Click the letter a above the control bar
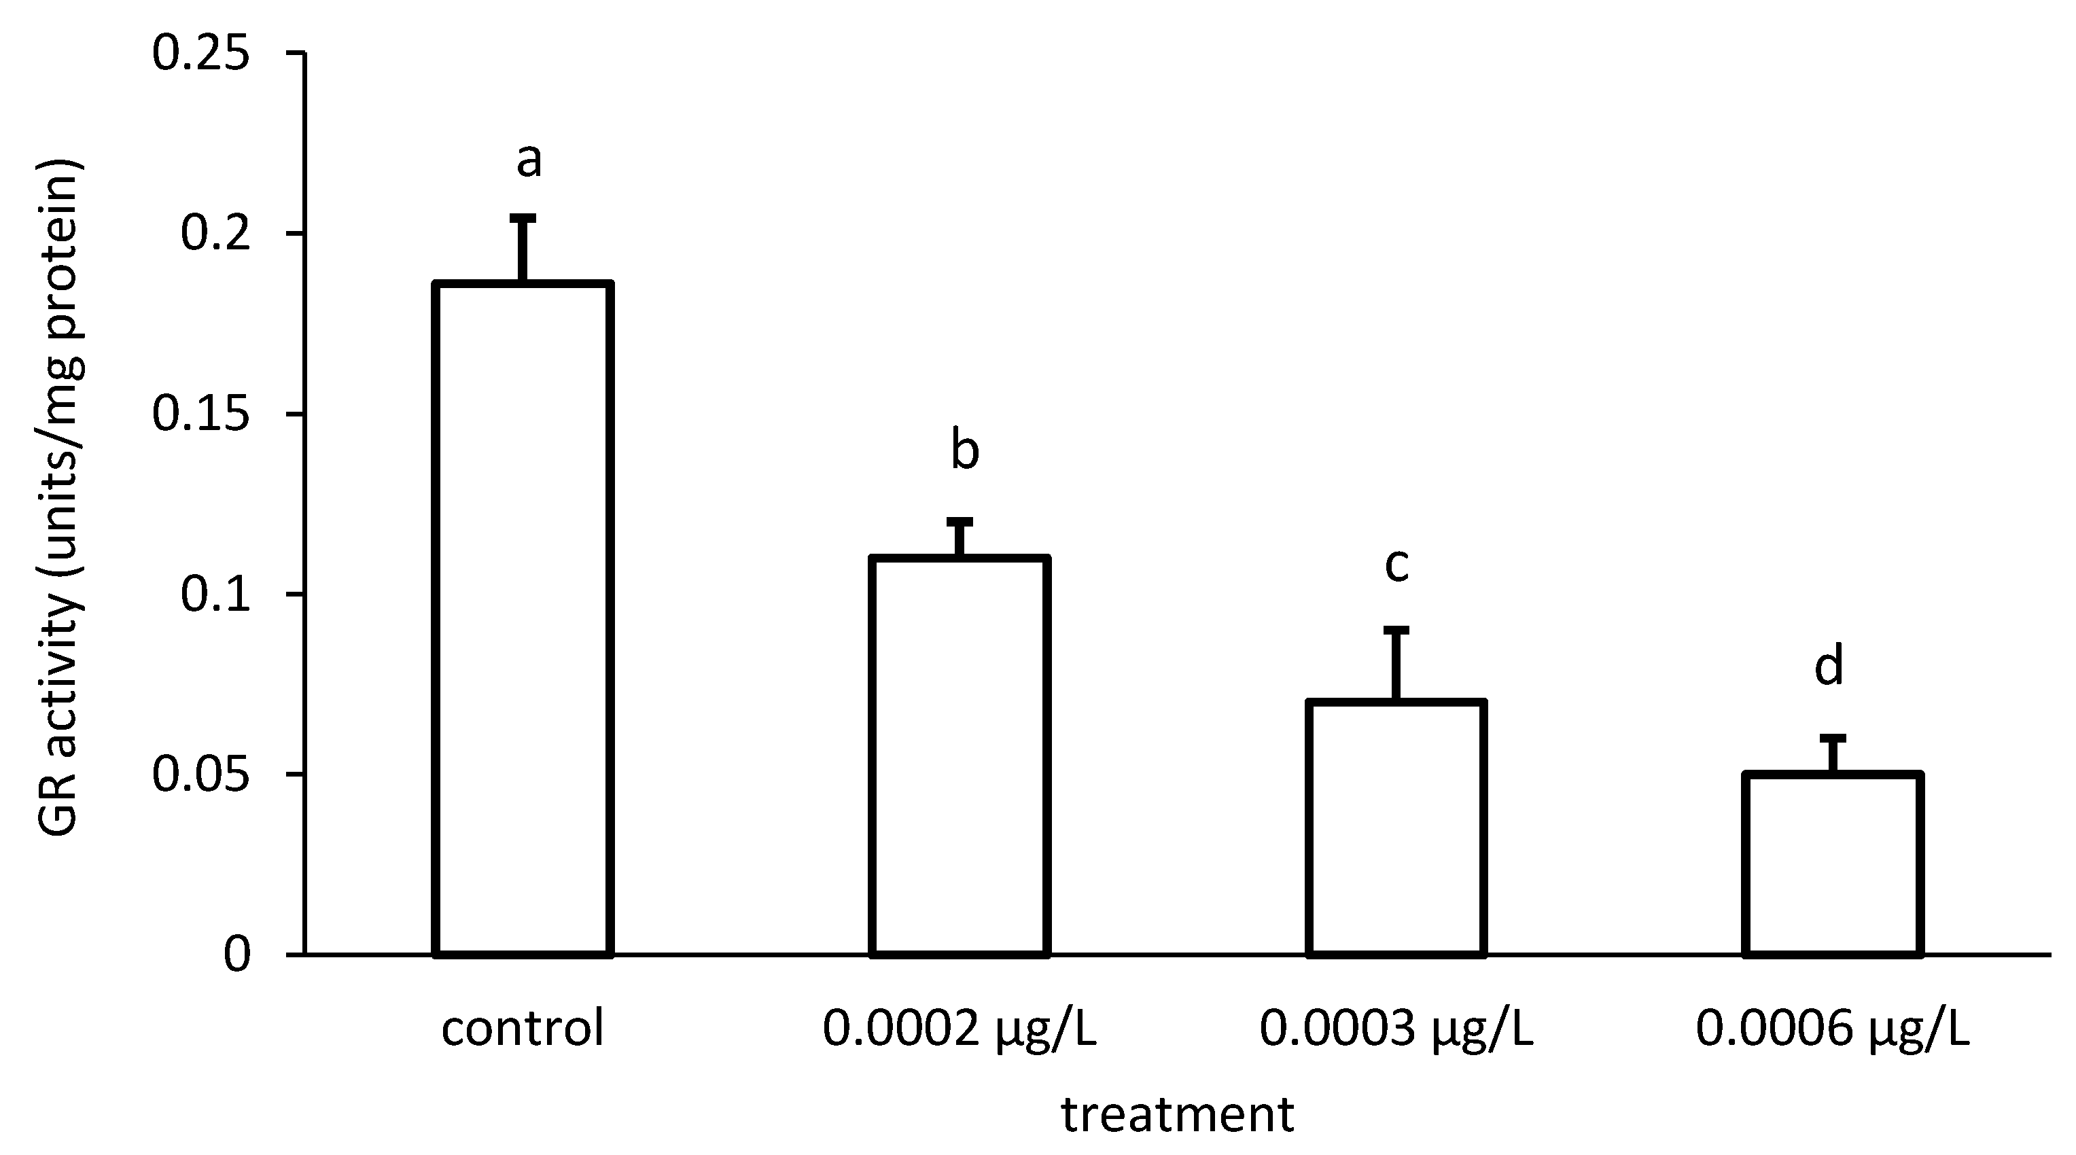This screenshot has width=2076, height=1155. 529,160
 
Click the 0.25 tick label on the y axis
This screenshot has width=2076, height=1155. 200,55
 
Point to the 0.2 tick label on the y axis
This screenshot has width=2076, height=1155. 214,234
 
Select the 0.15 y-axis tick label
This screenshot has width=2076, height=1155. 200,414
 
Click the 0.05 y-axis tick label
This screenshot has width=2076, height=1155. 200,775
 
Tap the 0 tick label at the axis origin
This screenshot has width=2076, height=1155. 237,955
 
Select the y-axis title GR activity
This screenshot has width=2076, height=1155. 60,500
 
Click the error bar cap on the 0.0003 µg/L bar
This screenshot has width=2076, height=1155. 1396,630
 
